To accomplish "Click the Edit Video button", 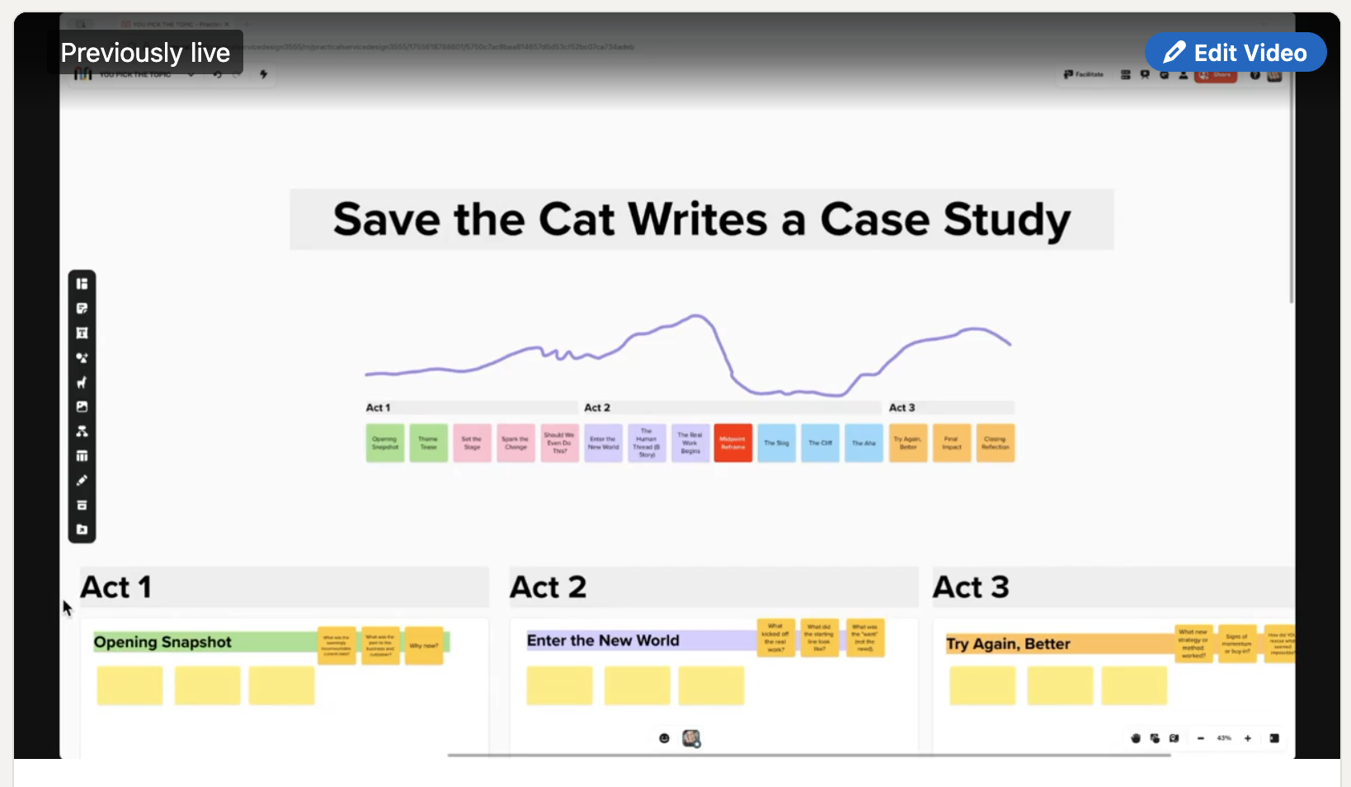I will [x=1235, y=53].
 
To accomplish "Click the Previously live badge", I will [x=145, y=53].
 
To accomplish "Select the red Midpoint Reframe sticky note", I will [x=732, y=443].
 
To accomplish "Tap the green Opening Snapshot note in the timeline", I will [x=385, y=443].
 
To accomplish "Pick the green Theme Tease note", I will [x=428, y=443].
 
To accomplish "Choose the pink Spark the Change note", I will [x=515, y=443].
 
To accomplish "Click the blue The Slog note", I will [x=776, y=443].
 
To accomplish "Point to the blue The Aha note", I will [x=864, y=443].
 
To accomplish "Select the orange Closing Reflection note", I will [x=995, y=443].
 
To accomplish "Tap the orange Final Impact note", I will [x=951, y=443].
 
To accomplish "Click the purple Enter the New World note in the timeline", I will [x=603, y=443].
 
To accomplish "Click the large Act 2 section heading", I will [x=548, y=587].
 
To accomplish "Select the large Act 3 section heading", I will [x=971, y=587].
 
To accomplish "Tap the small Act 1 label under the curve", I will [x=378, y=408].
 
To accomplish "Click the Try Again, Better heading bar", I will [x=1056, y=644].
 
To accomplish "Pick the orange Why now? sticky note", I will [x=424, y=646].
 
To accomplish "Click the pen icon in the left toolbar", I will [x=82, y=481].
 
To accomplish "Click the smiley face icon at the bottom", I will [x=664, y=738].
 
